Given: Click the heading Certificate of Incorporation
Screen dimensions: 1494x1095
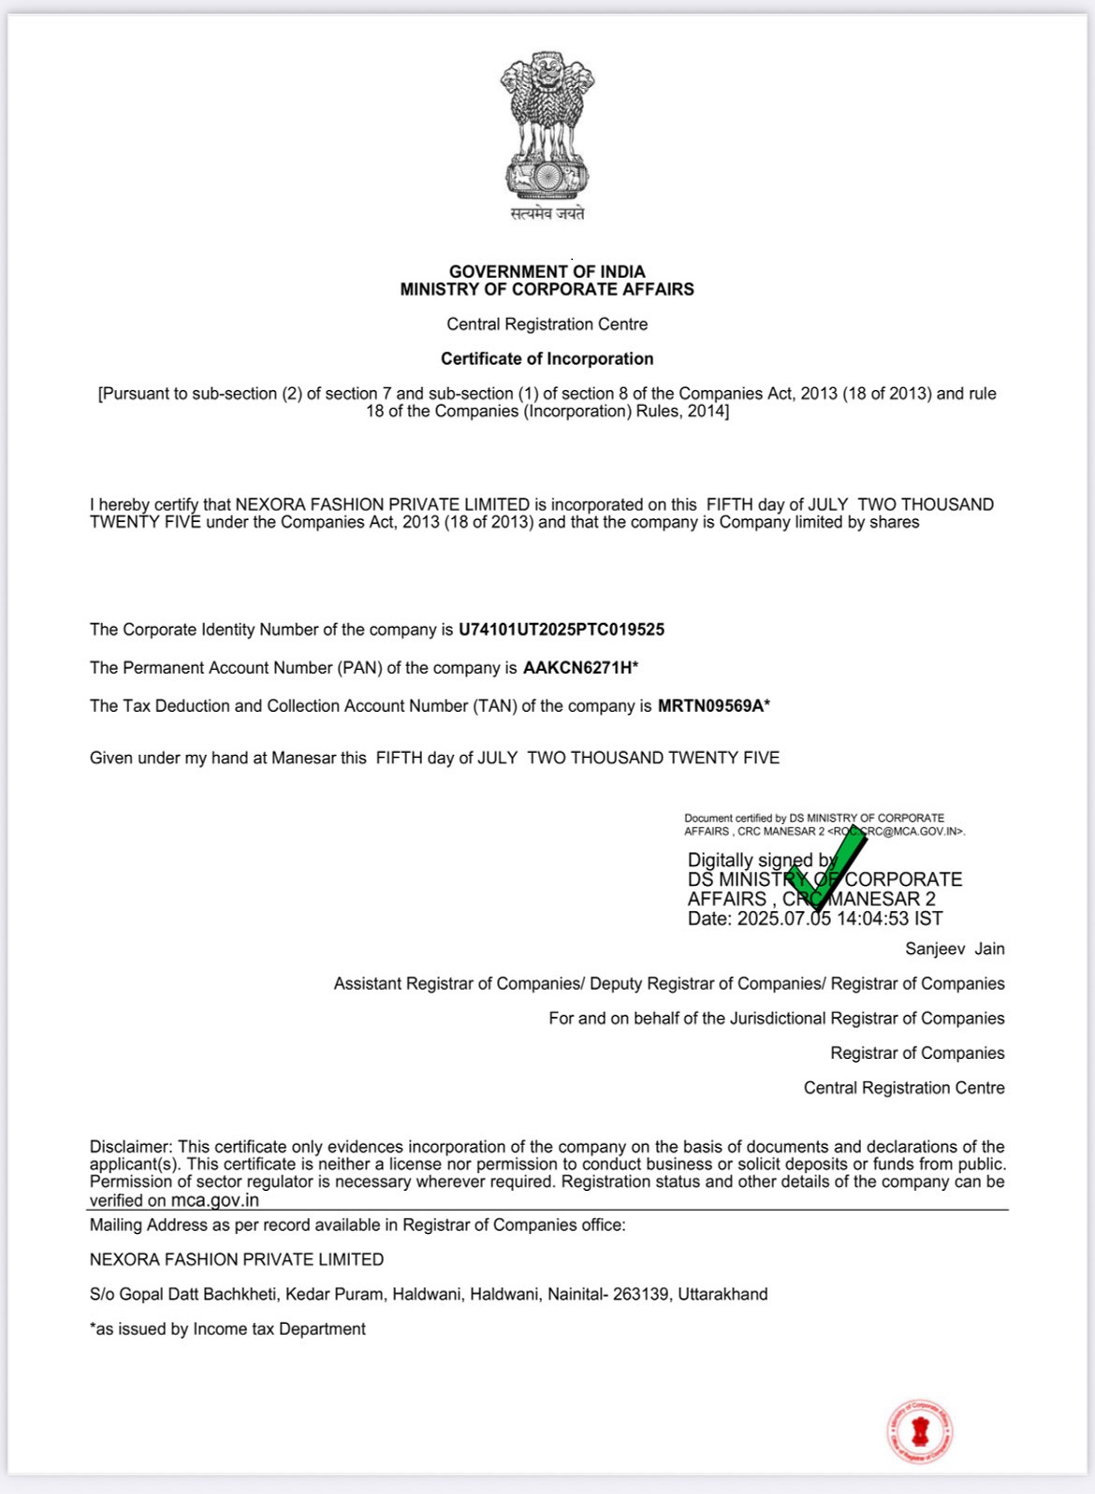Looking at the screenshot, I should [547, 358].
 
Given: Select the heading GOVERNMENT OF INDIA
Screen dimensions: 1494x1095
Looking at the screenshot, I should [547, 271].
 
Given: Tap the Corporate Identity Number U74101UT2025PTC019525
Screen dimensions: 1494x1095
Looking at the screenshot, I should [562, 630].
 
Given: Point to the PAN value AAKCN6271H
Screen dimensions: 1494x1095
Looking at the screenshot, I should [577, 668].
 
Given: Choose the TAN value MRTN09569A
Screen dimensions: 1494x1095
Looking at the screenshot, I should [711, 706].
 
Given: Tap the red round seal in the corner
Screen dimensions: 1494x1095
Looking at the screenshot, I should [920, 1431].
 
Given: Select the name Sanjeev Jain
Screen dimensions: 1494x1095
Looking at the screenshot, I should [955, 949].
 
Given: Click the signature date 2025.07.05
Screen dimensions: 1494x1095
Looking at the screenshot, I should [783, 919].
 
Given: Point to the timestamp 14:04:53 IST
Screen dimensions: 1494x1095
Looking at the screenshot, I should [889, 919].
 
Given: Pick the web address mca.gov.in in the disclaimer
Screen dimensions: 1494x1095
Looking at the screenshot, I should [214, 1200].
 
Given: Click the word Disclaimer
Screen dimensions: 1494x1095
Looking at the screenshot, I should [130, 1147].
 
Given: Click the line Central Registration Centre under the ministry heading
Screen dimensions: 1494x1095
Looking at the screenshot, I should [547, 324].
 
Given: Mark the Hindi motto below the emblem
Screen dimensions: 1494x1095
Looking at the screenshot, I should [547, 213].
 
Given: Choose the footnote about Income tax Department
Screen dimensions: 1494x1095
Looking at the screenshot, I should [227, 1329].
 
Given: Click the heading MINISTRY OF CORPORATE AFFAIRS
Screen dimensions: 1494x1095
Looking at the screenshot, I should [547, 290].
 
